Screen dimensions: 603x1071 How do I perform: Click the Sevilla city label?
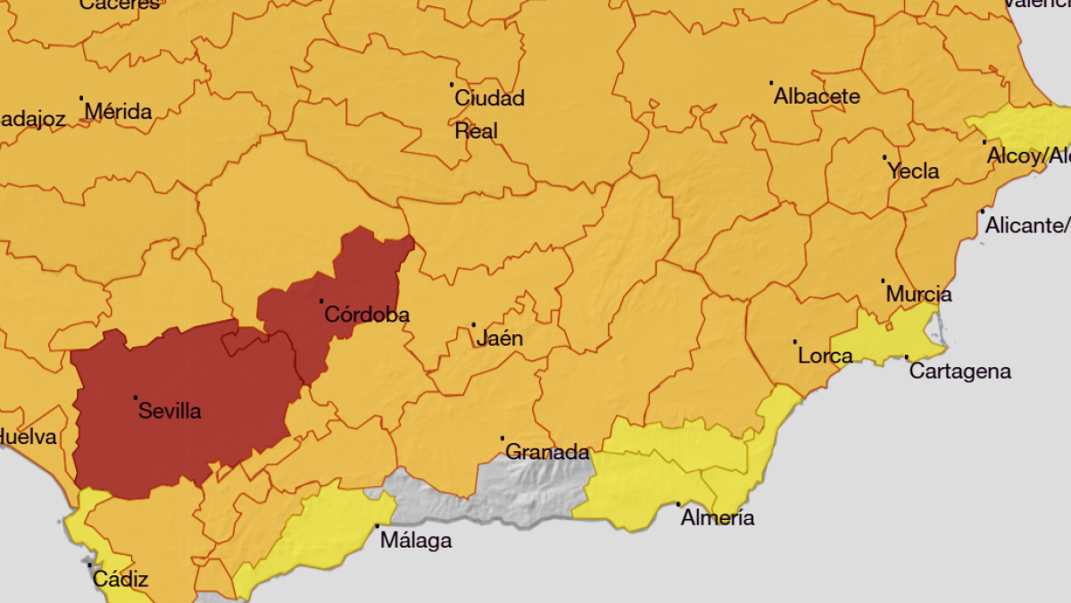tap(170, 412)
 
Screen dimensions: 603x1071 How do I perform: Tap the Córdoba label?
tap(367, 314)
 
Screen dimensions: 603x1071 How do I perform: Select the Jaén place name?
tap(500, 339)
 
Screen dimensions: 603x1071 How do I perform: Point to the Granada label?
tap(547, 452)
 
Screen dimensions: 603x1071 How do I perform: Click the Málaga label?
tap(416, 540)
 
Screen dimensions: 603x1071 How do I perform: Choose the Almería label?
tap(718, 518)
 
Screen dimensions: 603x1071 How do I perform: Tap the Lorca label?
tap(825, 356)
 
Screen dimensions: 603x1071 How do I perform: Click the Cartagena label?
tap(959, 372)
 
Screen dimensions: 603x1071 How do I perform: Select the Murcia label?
tap(918, 294)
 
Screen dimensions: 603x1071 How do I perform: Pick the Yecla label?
tap(913, 172)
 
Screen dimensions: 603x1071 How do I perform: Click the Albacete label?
tap(817, 96)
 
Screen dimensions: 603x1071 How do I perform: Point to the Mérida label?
tap(118, 113)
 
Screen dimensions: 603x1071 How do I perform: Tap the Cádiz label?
tap(120, 579)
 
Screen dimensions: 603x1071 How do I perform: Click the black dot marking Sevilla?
tap(136, 398)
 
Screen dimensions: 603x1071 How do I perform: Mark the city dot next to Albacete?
tap(771, 83)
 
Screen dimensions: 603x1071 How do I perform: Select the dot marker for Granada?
tap(502, 438)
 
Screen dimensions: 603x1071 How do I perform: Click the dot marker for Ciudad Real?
tap(452, 85)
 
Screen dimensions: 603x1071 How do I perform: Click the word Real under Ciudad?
tap(476, 131)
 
